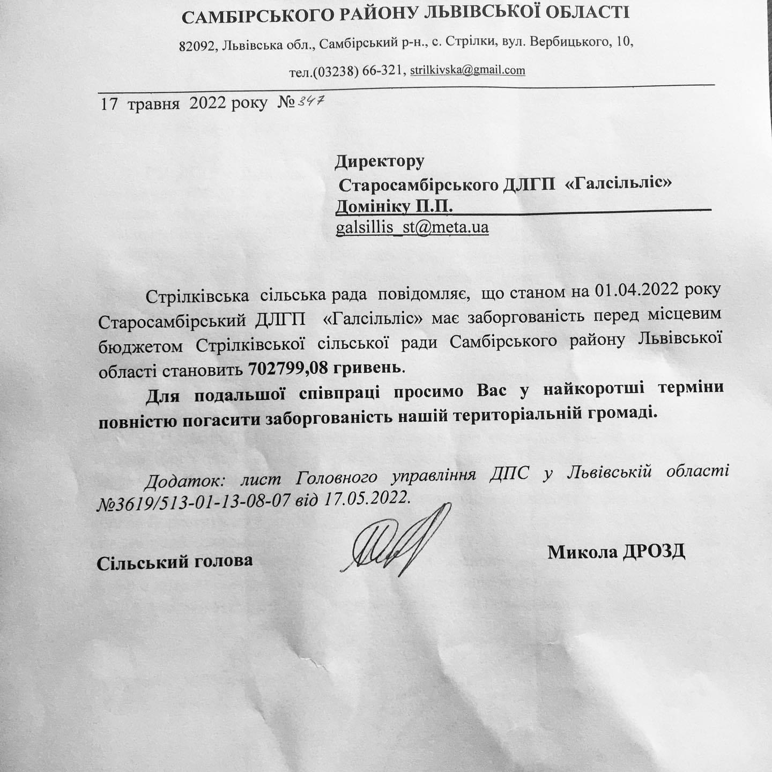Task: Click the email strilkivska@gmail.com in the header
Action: click(467, 70)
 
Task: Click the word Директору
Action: click(380, 160)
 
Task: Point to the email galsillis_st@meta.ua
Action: click(412, 227)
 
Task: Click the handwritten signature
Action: click(399, 541)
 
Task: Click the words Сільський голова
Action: click(175, 561)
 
